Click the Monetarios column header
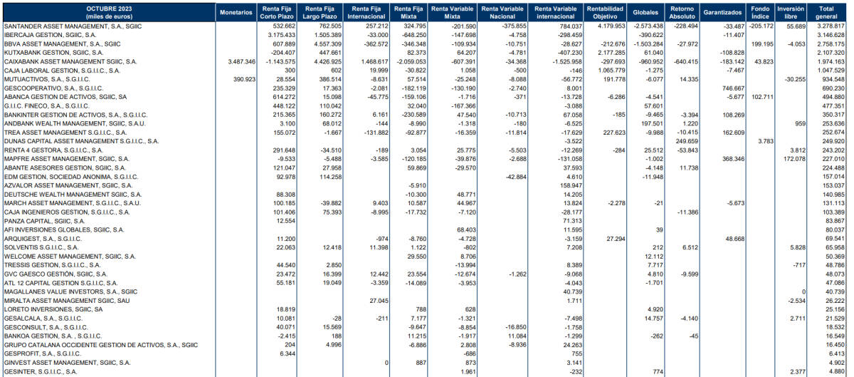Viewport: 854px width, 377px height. click(236, 13)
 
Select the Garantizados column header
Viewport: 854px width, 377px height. click(722, 13)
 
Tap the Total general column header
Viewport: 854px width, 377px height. click(826, 13)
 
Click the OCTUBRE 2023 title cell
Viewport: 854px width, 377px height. click(109, 13)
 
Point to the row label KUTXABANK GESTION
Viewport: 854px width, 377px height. click(53, 53)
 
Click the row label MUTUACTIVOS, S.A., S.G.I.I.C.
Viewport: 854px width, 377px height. click(47, 79)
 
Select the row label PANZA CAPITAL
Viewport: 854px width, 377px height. click(44, 221)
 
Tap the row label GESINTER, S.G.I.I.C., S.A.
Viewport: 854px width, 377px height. click(41, 371)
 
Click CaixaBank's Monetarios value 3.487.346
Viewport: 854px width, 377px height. click(242, 61)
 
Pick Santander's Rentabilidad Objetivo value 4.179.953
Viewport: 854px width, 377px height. click(611, 26)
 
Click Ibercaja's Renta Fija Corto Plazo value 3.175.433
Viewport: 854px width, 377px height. click(281, 35)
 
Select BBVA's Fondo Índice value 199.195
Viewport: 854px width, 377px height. click(762, 44)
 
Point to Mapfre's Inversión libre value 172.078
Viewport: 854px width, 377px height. click(794, 159)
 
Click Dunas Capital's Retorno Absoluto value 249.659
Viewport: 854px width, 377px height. click(687, 141)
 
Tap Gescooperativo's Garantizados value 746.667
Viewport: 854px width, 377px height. click(733, 88)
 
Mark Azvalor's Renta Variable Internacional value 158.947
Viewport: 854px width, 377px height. click(571, 185)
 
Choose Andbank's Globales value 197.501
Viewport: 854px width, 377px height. click(653, 124)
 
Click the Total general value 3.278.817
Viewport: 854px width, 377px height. click(831, 26)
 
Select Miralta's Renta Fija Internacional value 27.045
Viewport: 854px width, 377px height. click(379, 301)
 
